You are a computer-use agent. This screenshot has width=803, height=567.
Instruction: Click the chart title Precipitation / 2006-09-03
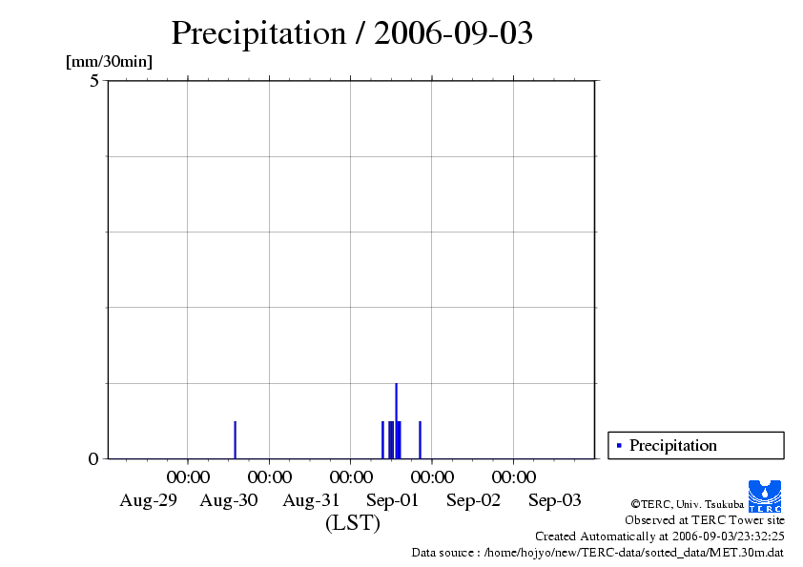pos(352,33)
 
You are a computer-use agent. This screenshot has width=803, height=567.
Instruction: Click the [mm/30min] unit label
pos(109,62)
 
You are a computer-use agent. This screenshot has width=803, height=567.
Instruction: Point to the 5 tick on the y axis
pos(94,81)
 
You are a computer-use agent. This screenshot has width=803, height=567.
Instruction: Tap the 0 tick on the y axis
pos(93,459)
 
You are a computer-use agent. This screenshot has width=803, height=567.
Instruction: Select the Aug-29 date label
pos(148,500)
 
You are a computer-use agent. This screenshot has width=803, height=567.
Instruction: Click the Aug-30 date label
pos(229,500)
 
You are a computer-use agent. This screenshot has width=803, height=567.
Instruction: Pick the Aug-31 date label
pos(311,500)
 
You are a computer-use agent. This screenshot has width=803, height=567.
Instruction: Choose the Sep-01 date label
pos(392,500)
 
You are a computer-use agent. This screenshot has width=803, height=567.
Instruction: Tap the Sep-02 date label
pos(473,500)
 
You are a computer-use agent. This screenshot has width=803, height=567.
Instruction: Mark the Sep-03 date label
pos(555,500)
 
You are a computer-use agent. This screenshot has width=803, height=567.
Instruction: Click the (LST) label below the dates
pos(352,523)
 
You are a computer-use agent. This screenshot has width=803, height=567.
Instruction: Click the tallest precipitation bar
pos(396,419)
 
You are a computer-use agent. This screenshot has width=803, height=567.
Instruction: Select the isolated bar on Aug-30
pos(235,439)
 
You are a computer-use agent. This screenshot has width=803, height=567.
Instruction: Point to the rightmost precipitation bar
pos(420,439)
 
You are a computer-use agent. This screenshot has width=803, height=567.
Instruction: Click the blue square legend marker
pos(619,445)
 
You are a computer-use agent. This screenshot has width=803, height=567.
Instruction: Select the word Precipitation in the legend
pos(673,445)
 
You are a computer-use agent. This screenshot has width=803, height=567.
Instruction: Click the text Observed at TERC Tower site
pos(705,520)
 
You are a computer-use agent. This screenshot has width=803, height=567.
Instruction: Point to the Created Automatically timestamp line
pos(660,537)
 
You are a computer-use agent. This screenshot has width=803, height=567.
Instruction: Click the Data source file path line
pos(598,552)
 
